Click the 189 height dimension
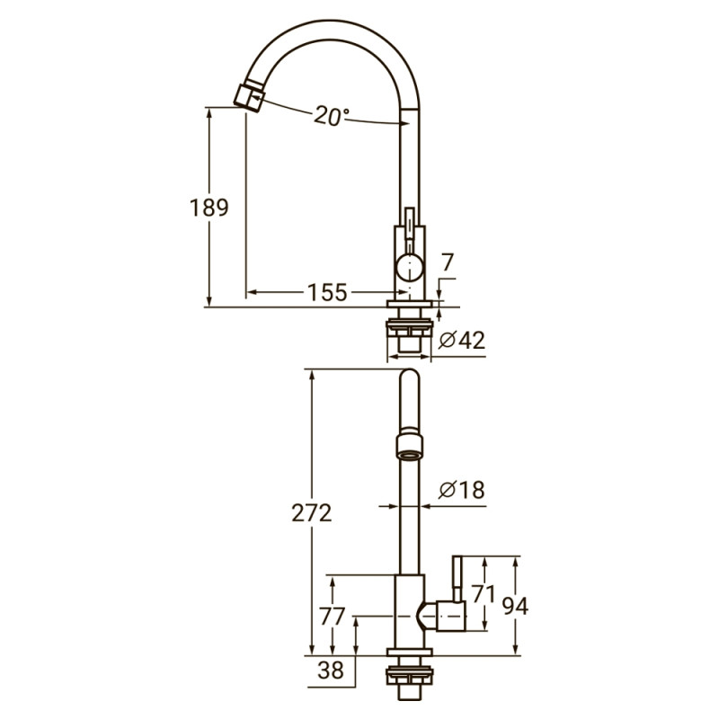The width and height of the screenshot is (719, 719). pyautogui.click(x=209, y=208)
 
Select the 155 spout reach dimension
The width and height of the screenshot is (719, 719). pyautogui.click(x=327, y=292)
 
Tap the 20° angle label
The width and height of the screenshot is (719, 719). pyautogui.click(x=332, y=116)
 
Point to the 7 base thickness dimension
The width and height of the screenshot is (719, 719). pyautogui.click(x=448, y=262)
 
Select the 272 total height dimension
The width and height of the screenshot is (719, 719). pyautogui.click(x=312, y=513)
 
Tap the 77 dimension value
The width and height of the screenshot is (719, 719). pyautogui.click(x=333, y=617)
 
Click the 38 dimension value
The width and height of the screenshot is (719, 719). pyautogui.click(x=332, y=669)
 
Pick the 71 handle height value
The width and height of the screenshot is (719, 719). pyautogui.click(x=484, y=594)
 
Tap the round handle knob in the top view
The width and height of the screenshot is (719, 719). pyautogui.click(x=409, y=266)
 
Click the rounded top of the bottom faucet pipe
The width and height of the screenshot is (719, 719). pyautogui.click(x=409, y=378)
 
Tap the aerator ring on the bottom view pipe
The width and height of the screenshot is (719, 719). pyautogui.click(x=409, y=443)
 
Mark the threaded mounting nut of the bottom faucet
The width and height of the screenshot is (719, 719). pyautogui.click(x=409, y=683)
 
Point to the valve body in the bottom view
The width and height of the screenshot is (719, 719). pyautogui.click(x=407, y=611)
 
